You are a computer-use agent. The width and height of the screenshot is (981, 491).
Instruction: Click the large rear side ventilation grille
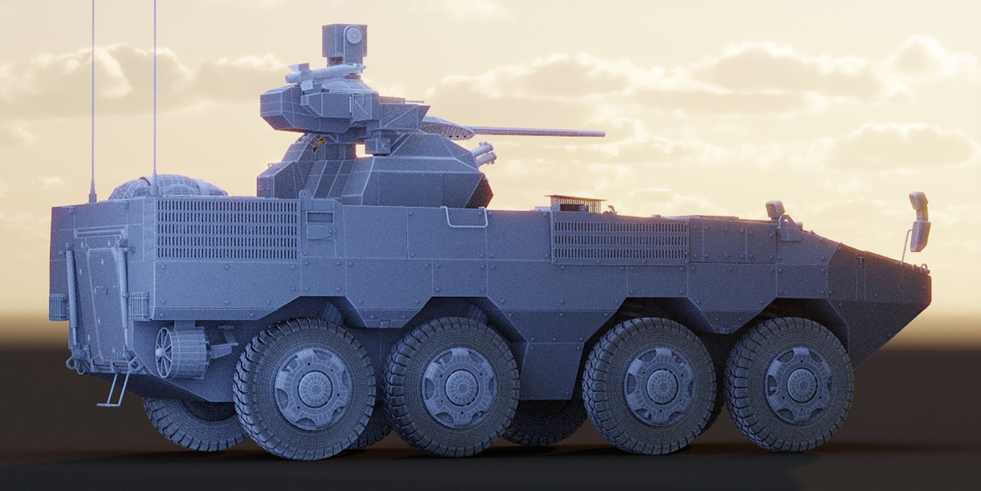[227, 230]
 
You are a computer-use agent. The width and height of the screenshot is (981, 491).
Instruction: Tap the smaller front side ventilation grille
[621, 240]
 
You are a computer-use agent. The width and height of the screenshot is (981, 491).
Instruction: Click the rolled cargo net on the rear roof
[166, 187]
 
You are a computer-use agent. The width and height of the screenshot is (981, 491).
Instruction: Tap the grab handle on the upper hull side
[466, 217]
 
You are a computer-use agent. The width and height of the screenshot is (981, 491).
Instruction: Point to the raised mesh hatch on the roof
[575, 203]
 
